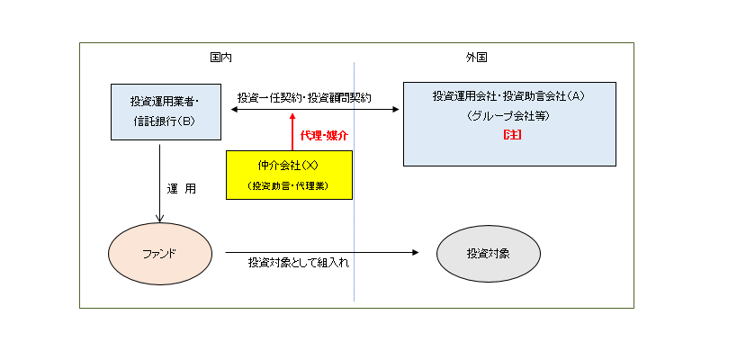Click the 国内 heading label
pyautogui.click(x=220, y=57)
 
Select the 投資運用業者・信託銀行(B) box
pyautogui.click(x=166, y=112)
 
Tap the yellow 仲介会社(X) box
pyautogui.click(x=289, y=175)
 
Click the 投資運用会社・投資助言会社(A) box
pyautogui.click(x=509, y=124)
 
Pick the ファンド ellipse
pyautogui.click(x=159, y=253)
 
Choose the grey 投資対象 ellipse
pyautogui.click(x=488, y=253)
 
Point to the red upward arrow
pyautogui.click(x=292, y=131)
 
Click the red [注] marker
pyautogui.click(x=509, y=135)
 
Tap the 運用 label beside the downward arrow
pyautogui.click(x=181, y=190)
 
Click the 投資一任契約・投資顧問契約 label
pyautogui.click(x=305, y=96)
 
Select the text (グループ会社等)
pyautogui.click(x=509, y=115)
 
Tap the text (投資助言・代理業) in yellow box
pyautogui.click(x=289, y=185)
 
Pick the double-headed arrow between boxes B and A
pyautogui.click(x=315, y=109)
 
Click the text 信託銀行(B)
pyautogui.click(x=166, y=121)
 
